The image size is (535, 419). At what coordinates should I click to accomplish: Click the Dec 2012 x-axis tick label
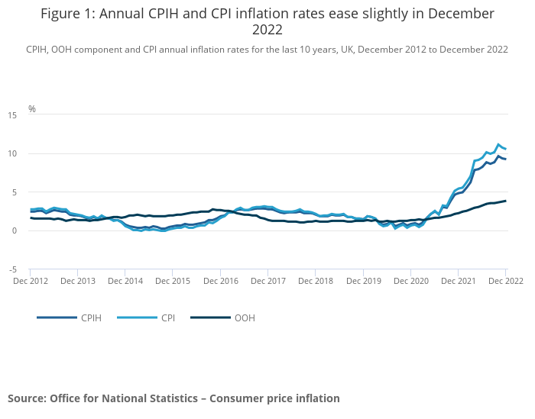click(31, 281)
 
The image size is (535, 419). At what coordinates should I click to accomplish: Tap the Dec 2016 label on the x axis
click(220, 281)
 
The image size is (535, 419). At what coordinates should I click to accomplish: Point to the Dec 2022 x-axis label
click(505, 281)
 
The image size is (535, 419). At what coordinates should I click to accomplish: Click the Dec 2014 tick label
click(125, 281)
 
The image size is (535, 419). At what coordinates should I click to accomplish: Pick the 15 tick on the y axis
click(12, 115)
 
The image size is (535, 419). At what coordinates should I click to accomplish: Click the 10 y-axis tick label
click(12, 153)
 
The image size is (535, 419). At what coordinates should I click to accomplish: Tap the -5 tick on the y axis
click(13, 269)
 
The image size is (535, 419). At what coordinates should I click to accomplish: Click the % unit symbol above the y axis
click(32, 108)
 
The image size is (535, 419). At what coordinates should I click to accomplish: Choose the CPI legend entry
click(168, 317)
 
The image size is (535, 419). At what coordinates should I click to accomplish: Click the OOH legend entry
click(245, 317)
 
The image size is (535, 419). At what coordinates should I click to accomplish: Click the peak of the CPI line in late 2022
click(498, 144)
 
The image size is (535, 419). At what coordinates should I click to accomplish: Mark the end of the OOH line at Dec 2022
click(505, 201)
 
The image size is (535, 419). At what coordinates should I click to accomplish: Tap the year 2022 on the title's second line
click(267, 31)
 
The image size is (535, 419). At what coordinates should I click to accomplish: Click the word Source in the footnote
click(27, 398)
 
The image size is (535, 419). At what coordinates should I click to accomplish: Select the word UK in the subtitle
click(345, 50)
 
